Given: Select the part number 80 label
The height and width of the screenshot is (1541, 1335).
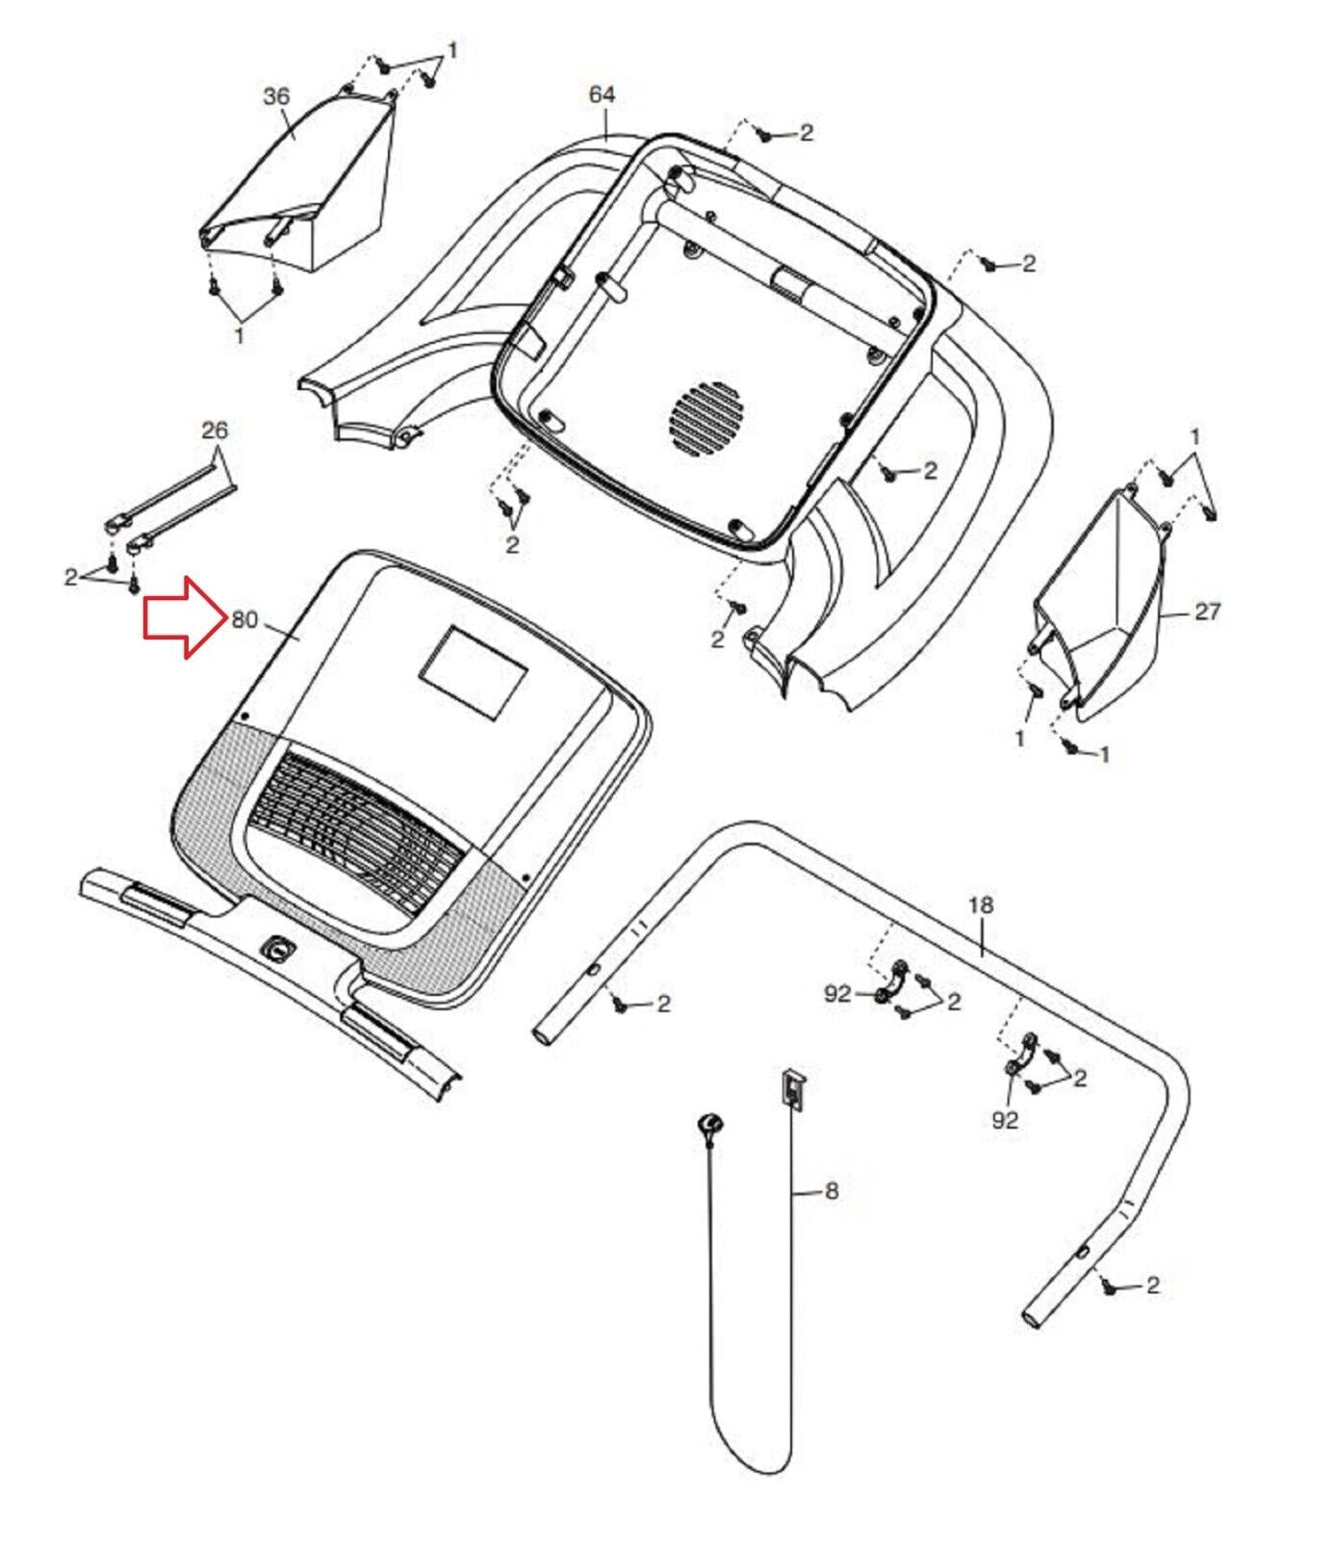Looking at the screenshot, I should pos(244,620).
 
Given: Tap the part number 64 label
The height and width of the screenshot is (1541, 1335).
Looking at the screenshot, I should pos(602,94).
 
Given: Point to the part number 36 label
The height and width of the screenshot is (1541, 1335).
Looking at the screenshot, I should pos(276,96).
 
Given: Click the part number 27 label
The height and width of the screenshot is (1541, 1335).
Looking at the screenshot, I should pos(1207,611).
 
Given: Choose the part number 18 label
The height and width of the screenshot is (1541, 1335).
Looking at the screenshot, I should pos(980,905).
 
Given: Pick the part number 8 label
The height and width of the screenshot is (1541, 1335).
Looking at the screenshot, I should pos(832,1191).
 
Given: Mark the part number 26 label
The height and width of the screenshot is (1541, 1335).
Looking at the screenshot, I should pos(215,430).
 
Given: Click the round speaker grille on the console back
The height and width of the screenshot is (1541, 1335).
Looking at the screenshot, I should pos(707,420).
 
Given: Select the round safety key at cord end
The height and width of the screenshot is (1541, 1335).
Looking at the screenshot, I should pos(711,1123).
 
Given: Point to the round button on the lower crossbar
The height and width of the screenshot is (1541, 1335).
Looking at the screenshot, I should pos(278,950).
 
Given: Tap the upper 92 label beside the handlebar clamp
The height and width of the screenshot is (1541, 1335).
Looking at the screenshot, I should pos(837,993).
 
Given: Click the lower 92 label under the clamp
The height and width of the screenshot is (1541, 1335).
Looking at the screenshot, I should pos(1005,1120).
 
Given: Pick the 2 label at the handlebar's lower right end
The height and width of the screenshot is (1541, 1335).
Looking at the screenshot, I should pos(1153,1285).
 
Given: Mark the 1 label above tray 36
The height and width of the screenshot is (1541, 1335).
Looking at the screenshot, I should pos(452,48).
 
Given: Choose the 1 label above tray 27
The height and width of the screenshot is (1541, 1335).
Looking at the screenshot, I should pos(1195,437).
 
